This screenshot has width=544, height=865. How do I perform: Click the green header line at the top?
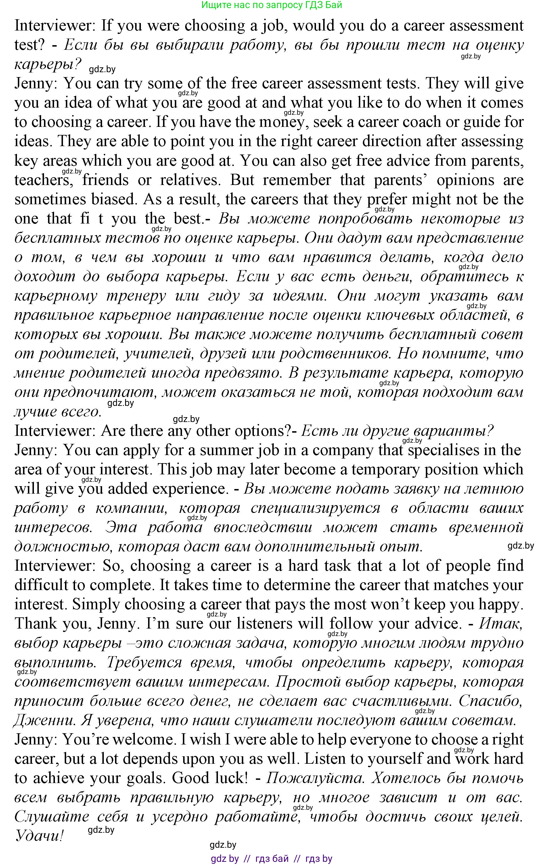[x=272, y=5]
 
